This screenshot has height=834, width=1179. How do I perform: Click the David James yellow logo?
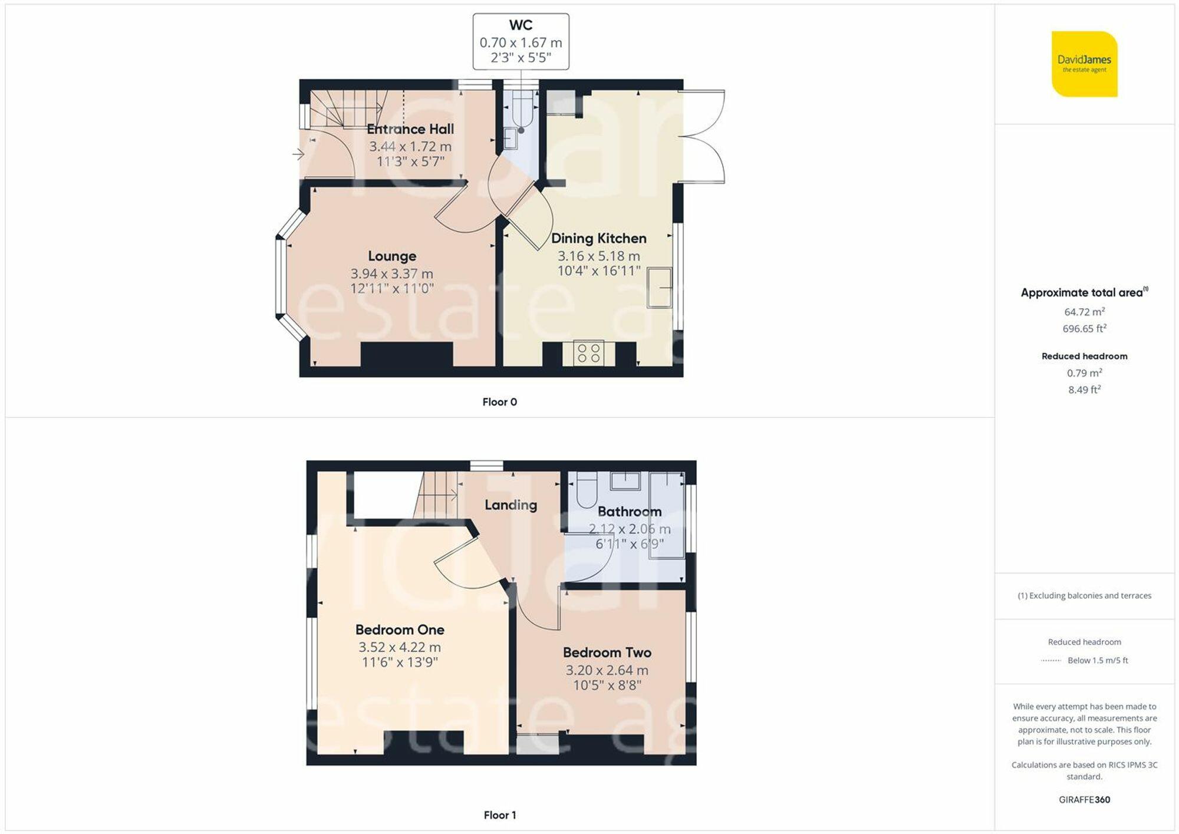(x=1084, y=64)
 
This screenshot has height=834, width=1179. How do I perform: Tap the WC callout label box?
(x=521, y=41)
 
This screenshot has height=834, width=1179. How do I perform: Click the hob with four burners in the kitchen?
(x=588, y=353)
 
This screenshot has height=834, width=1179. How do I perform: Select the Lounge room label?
(x=392, y=256)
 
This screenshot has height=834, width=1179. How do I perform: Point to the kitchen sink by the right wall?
(x=659, y=287)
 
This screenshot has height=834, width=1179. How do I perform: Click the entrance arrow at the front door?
(x=298, y=154)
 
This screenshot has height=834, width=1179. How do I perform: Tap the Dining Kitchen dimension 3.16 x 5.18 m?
(x=598, y=256)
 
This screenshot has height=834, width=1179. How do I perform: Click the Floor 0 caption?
(x=499, y=402)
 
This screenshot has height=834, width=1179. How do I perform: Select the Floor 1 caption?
(x=499, y=815)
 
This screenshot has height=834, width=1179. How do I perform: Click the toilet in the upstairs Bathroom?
(x=587, y=491)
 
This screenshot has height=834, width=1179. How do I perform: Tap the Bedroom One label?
(x=400, y=629)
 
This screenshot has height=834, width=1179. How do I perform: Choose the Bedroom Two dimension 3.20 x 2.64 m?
(x=607, y=670)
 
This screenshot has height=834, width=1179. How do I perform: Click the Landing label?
(x=511, y=505)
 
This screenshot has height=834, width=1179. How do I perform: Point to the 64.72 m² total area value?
(x=1084, y=312)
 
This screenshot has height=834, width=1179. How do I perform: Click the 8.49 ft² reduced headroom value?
(x=1084, y=390)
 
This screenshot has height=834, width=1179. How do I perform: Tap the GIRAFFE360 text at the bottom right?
(x=1084, y=800)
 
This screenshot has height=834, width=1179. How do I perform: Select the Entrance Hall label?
(x=410, y=129)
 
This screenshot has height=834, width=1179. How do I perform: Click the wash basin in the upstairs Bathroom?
(x=625, y=480)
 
